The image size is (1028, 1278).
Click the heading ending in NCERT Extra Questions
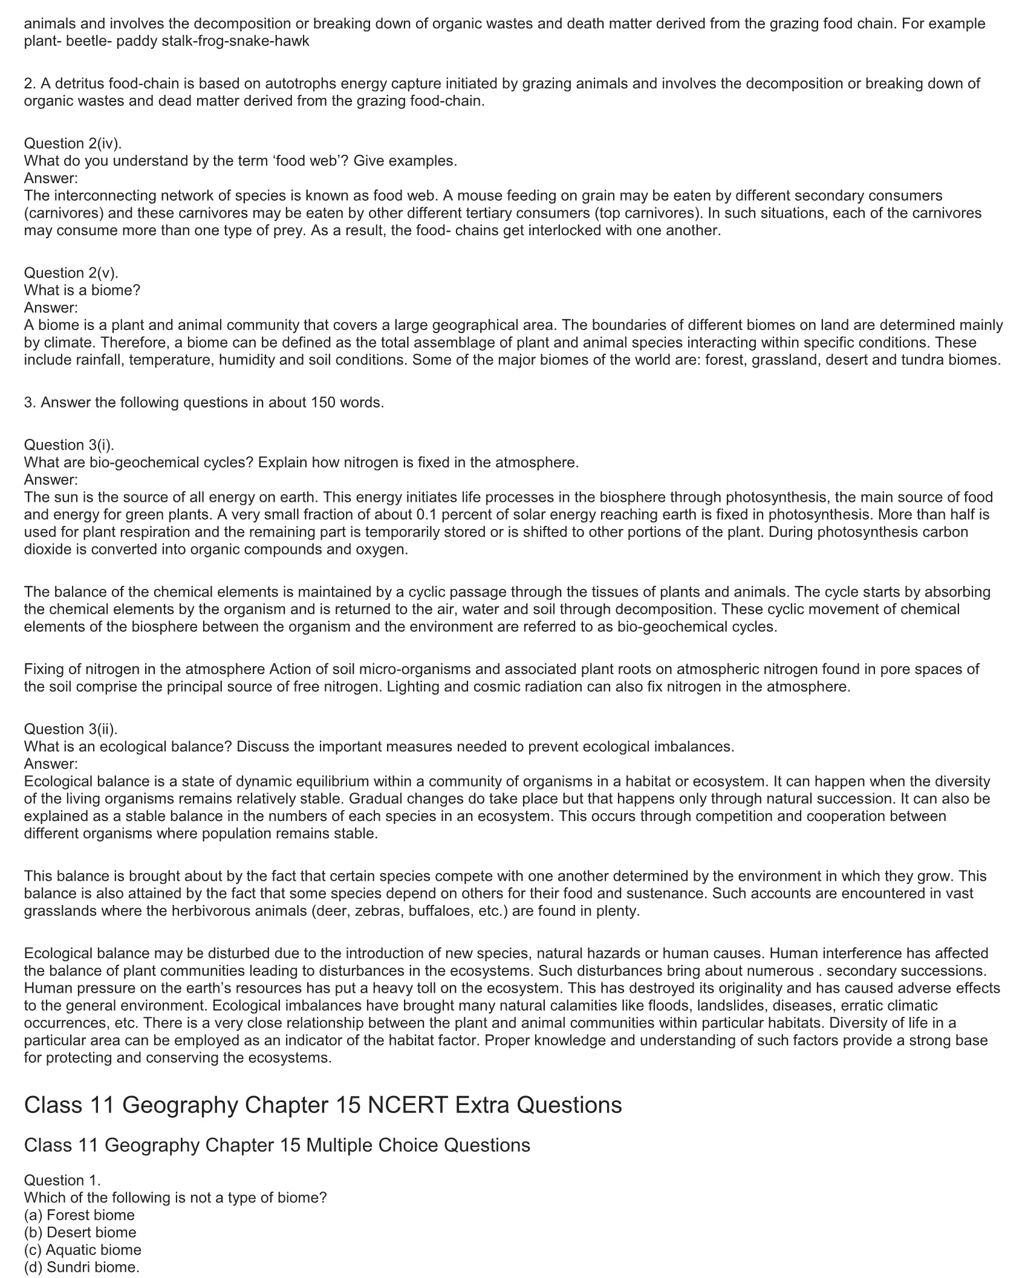[323, 1105]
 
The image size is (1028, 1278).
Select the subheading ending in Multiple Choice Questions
[277, 1145]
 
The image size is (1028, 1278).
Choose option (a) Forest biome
[79, 1215]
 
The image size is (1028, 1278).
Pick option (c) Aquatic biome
[82, 1250]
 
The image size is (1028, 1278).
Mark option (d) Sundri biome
[82, 1267]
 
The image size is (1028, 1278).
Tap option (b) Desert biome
[80, 1232]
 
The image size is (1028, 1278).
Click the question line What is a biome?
[82, 290]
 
